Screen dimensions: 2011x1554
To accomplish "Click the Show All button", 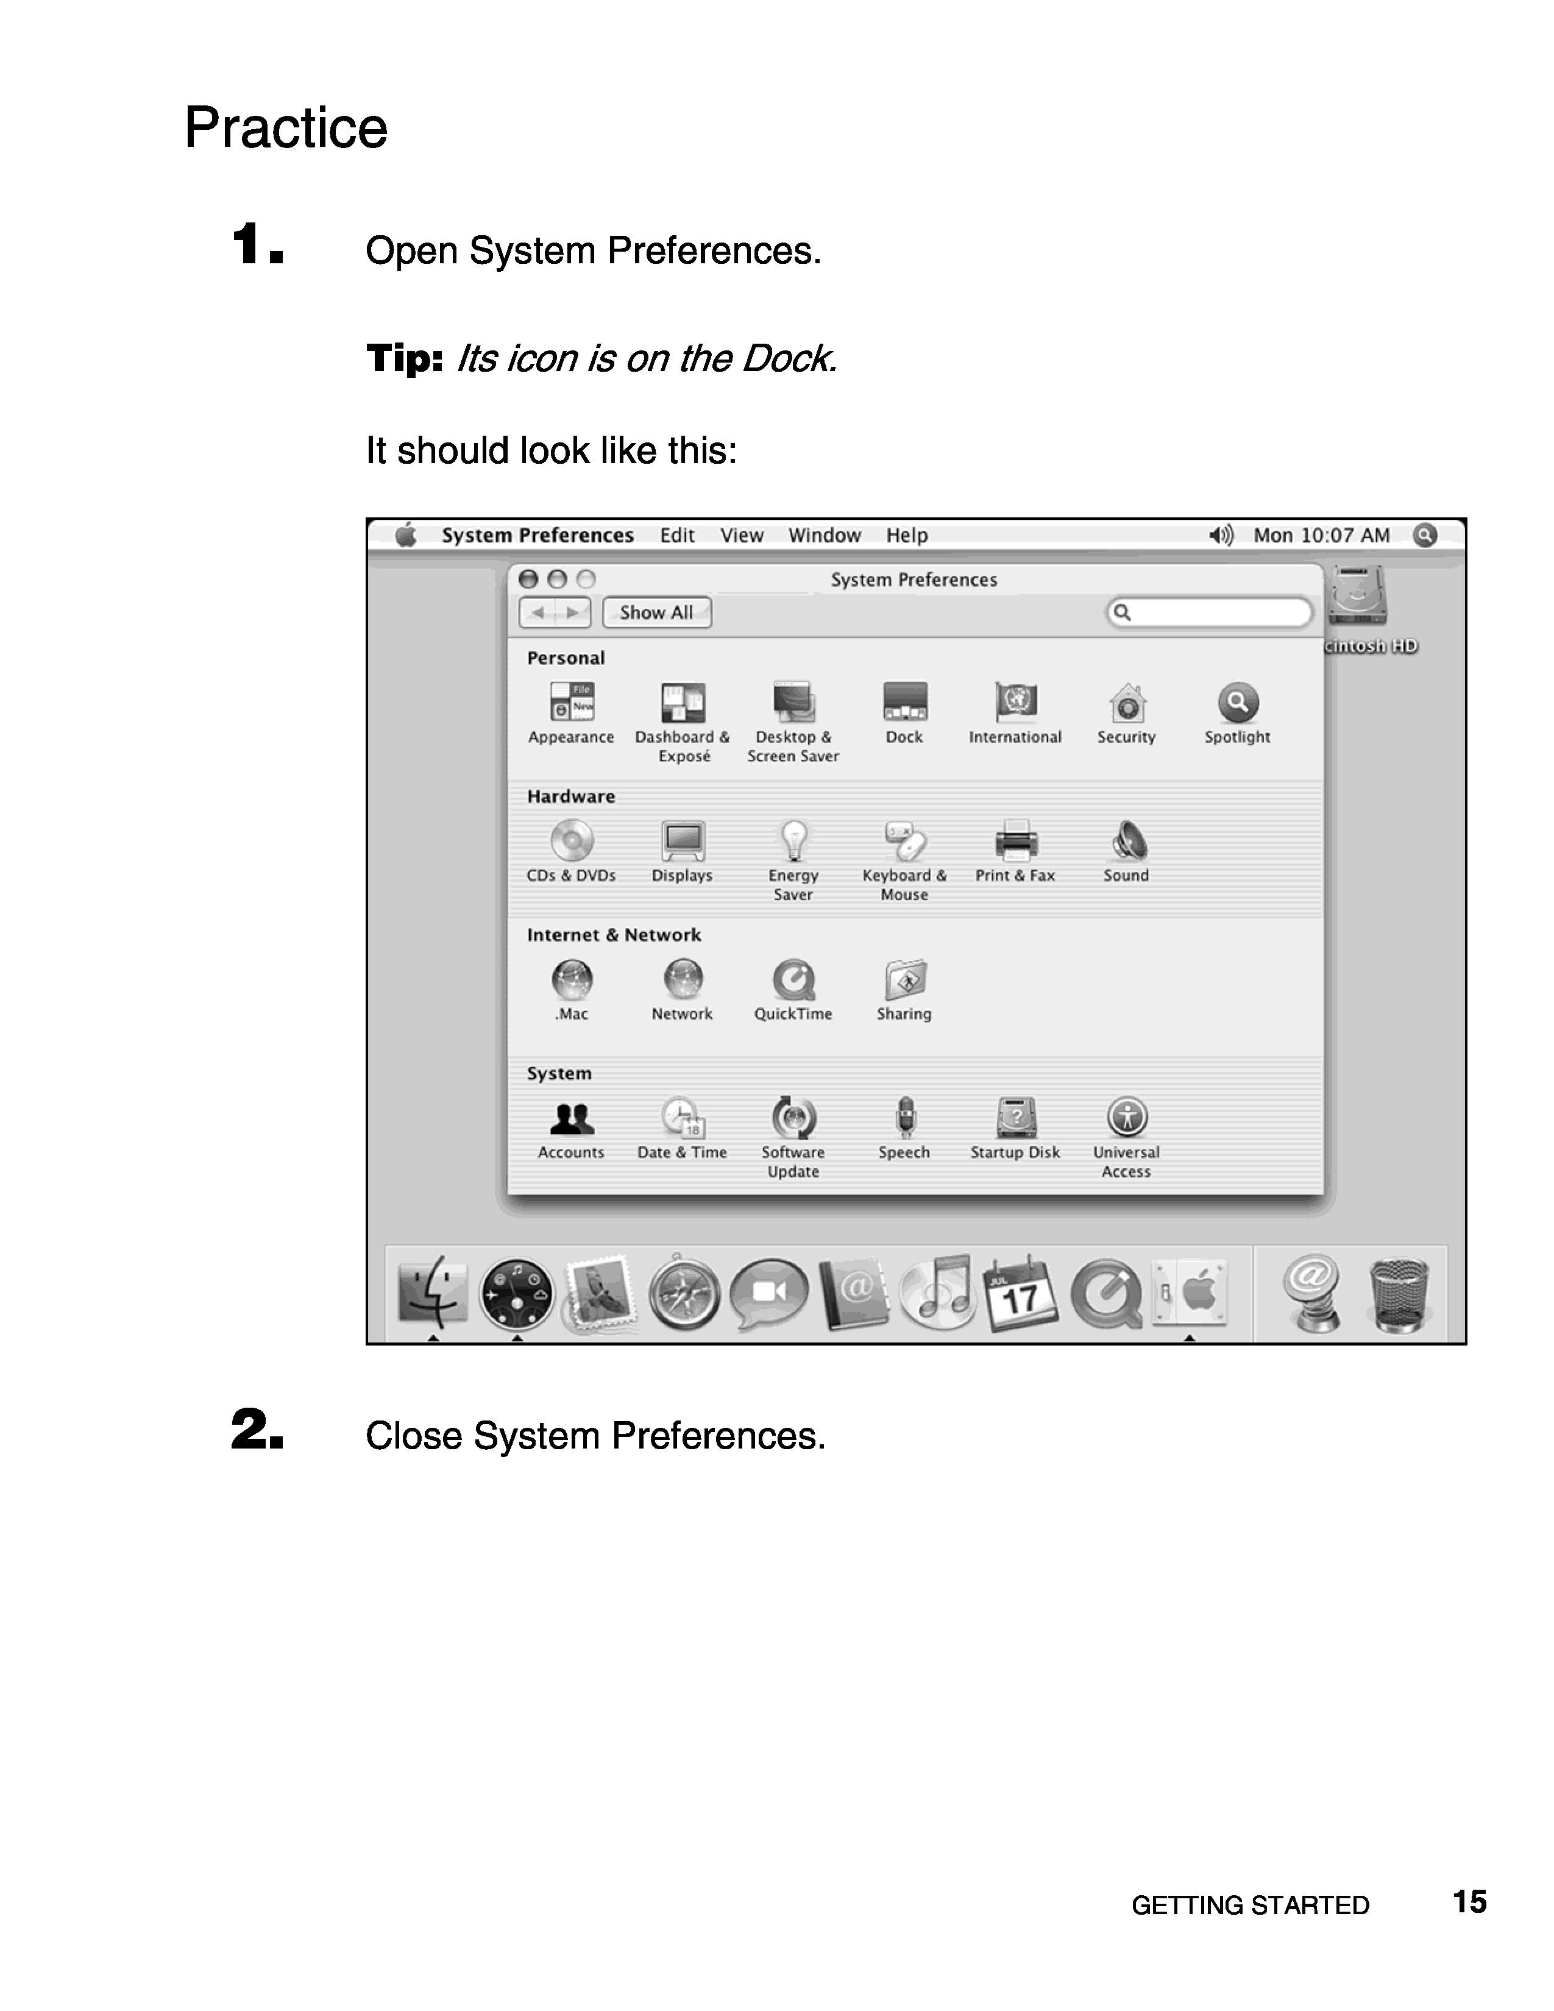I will (x=656, y=612).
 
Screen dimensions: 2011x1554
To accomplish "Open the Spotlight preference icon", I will (x=1237, y=703).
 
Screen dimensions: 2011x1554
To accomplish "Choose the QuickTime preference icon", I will (x=793, y=980).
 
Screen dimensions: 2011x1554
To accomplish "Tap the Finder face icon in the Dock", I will (x=433, y=1293).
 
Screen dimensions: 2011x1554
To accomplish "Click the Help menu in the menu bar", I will (x=907, y=535).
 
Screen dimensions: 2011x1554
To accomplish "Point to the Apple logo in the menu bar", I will (x=406, y=535).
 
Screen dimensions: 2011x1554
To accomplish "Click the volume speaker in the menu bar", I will (x=1221, y=535).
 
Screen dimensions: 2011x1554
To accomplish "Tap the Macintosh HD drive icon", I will (x=1357, y=597).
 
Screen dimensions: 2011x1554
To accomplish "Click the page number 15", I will (x=1469, y=1901).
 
